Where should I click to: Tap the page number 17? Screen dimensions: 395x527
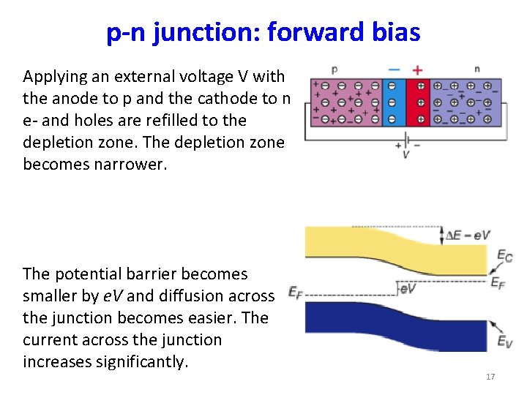(490, 377)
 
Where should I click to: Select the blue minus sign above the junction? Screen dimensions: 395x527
(394, 70)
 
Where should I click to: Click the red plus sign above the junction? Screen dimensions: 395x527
(417, 70)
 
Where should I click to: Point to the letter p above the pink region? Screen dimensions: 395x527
(334, 69)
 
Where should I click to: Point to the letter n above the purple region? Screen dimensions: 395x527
(476, 69)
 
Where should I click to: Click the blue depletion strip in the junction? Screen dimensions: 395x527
(393, 102)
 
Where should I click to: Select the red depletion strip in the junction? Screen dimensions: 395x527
(419, 102)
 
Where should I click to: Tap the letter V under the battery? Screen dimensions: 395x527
(405, 155)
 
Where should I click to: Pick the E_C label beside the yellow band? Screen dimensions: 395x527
(504, 255)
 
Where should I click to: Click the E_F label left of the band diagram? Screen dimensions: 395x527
(295, 293)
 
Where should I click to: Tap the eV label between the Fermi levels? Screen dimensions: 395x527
(408, 289)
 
